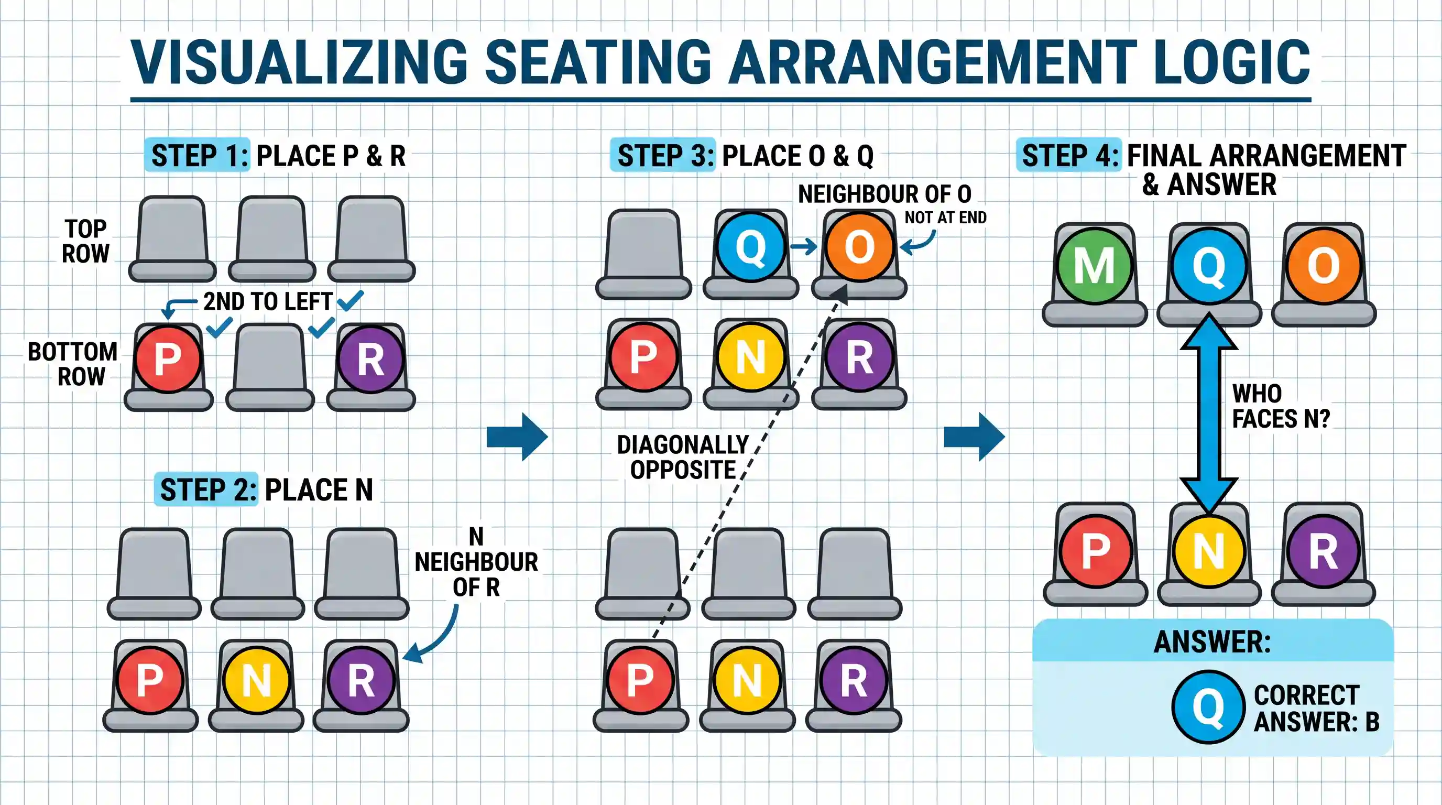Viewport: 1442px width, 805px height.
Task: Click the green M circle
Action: coord(1095,266)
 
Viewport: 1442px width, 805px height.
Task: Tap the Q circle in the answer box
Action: coord(1208,707)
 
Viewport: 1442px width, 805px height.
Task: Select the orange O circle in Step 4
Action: coord(1324,266)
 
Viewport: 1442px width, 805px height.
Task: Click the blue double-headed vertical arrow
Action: coord(1209,413)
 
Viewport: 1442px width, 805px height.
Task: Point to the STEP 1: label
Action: coord(198,155)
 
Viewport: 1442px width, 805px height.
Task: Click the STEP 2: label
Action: coord(207,490)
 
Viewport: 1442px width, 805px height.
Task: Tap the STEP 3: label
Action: coord(663,155)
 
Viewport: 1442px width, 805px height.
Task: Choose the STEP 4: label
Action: coord(1069,155)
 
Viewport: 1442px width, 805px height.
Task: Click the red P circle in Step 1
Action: coord(168,358)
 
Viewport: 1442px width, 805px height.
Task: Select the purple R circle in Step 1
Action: coord(370,358)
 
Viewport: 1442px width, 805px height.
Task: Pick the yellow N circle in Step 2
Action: coord(256,681)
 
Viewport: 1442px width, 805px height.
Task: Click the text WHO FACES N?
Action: coord(1281,406)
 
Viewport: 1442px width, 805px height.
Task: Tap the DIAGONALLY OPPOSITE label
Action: coord(683,458)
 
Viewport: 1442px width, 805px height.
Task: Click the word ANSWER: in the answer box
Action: coord(1212,641)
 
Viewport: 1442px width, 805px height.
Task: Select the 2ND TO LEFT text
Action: coord(268,302)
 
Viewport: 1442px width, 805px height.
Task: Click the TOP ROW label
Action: coord(85,241)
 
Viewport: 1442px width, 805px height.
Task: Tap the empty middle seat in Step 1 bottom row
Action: coord(270,367)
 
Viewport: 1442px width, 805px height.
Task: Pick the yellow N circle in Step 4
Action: coord(1209,551)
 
